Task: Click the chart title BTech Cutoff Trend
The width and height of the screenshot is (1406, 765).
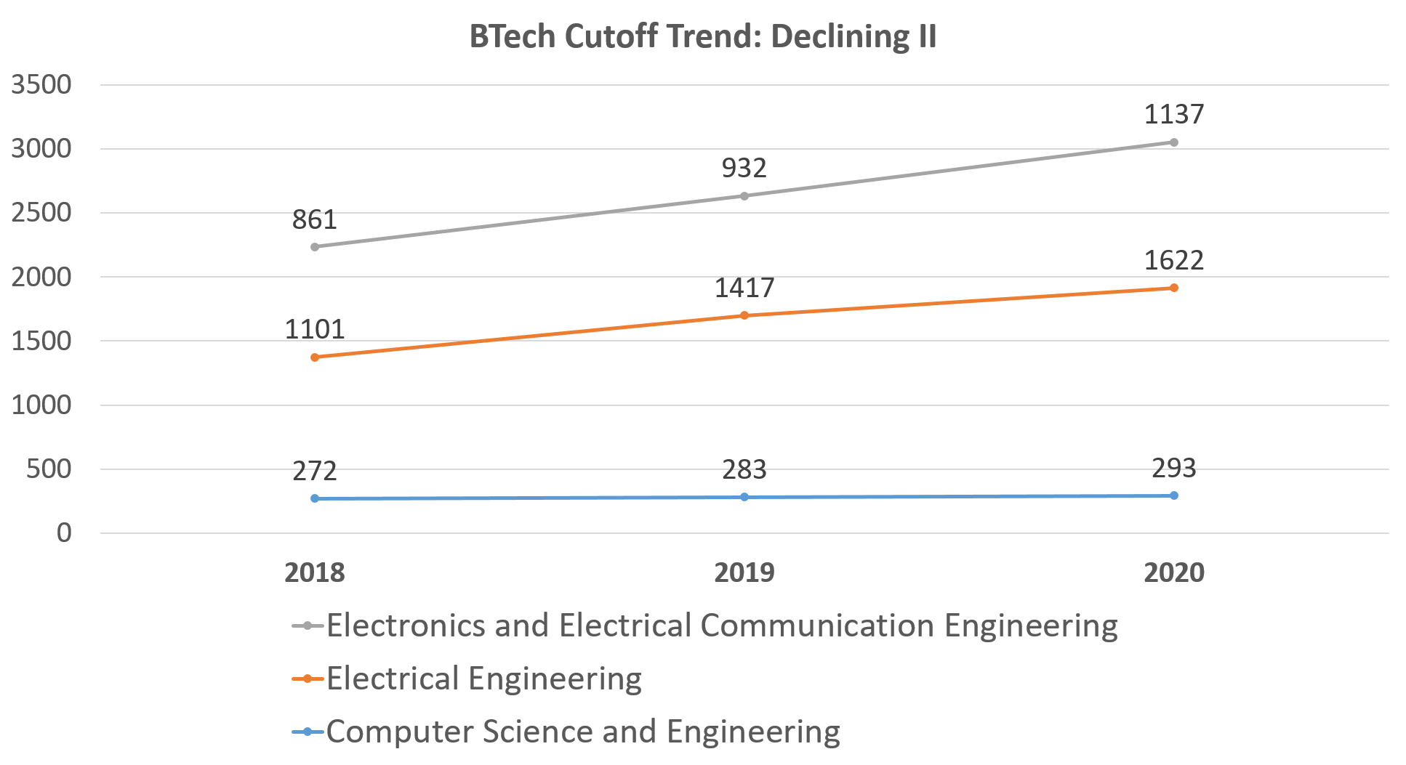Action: (702, 36)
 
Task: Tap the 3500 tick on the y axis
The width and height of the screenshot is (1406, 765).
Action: (41, 85)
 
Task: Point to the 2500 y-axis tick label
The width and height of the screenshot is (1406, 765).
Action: (41, 213)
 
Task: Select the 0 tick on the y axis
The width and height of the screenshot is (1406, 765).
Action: (64, 533)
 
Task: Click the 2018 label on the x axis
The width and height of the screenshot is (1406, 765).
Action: (314, 573)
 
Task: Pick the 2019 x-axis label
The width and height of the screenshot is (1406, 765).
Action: (744, 573)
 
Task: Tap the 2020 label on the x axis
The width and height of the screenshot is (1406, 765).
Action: (1173, 573)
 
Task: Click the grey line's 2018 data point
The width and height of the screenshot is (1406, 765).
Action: (315, 247)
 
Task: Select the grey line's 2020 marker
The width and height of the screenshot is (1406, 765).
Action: (1174, 142)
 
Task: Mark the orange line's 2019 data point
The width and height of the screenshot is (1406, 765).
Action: (744, 315)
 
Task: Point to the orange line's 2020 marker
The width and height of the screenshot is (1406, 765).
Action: (1174, 288)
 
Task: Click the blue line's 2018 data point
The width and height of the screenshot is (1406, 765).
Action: (315, 498)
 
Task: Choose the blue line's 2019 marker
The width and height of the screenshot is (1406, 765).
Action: (744, 497)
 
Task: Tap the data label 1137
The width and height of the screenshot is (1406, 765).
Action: (1173, 114)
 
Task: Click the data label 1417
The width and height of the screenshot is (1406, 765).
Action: (744, 288)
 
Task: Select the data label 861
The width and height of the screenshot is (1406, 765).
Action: (314, 220)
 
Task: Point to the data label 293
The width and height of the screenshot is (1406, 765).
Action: (1173, 468)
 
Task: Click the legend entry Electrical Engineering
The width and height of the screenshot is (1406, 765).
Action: (483, 679)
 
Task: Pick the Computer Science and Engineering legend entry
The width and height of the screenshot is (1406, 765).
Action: (582, 732)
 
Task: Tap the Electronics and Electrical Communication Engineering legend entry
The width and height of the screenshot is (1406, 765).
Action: (721, 626)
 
